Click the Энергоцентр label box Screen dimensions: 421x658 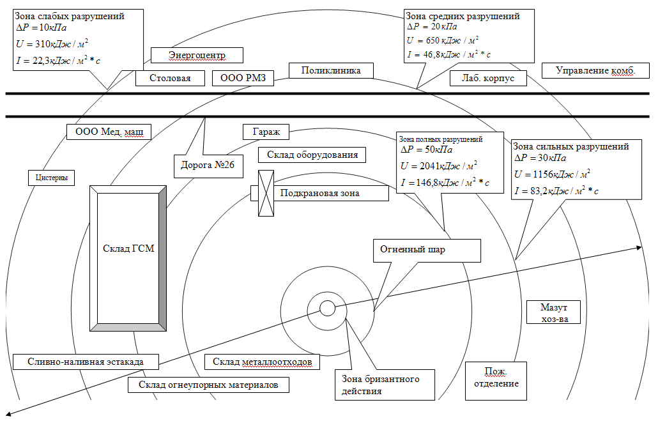coord(197,56)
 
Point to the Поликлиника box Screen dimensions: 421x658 coord(331,70)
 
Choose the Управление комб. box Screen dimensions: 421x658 coord(595,70)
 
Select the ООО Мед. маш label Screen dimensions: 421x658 coord(109,132)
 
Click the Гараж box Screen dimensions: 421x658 coord(266,132)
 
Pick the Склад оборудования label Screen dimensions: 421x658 coord(312,155)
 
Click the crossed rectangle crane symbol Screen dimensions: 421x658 coord(266,193)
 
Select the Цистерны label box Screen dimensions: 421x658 coord(52,178)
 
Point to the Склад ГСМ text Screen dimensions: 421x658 coord(128,249)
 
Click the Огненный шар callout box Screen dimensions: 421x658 coord(426,250)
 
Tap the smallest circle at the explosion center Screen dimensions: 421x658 coord(327,309)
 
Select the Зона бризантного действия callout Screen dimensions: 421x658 coord(385,385)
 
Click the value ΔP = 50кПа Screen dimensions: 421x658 coord(426,151)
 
